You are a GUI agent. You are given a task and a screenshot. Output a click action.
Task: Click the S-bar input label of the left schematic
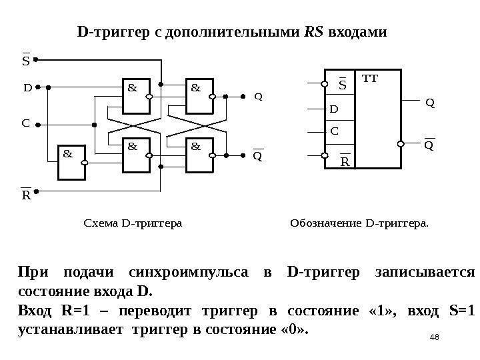[27, 61]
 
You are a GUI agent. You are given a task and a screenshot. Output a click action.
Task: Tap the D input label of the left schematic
[27, 87]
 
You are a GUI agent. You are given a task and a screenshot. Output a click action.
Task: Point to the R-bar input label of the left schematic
[27, 197]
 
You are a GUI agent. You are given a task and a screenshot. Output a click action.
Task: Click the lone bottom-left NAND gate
[76, 163]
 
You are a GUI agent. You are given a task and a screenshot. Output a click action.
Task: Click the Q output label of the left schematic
[259, 96]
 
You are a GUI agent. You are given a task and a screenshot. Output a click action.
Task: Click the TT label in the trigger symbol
[369, 79]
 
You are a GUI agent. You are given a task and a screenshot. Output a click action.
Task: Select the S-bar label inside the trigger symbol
[343, 85]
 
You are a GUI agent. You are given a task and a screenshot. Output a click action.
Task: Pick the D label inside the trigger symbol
[335, 108]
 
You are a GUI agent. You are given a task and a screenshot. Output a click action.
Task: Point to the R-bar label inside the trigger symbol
[345, 162]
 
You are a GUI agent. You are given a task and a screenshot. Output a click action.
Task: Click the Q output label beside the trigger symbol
[429, 103]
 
